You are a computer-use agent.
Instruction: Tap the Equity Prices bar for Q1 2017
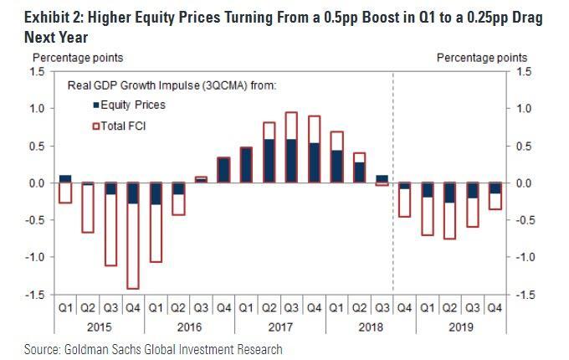[246, 165]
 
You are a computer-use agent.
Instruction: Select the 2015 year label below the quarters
[99, 326]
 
